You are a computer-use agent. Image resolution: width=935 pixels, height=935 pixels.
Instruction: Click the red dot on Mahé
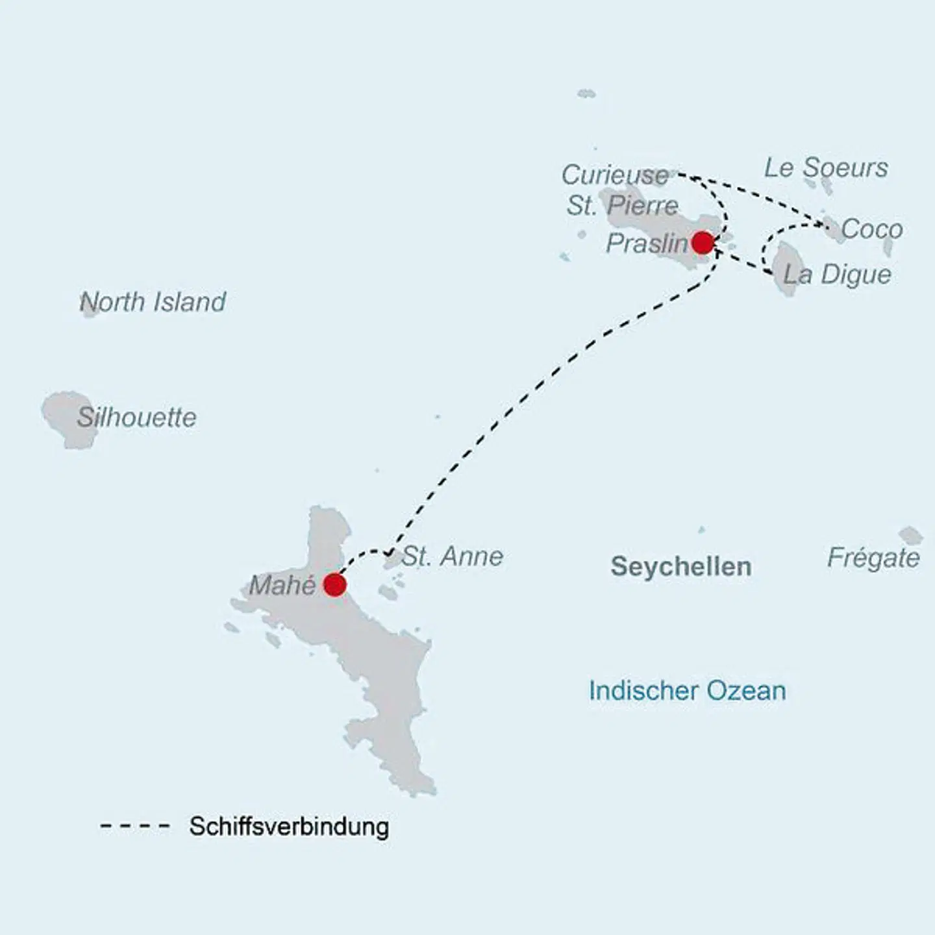(x=334, y=584)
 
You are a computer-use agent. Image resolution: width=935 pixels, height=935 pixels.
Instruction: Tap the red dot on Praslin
(x=702, y=243)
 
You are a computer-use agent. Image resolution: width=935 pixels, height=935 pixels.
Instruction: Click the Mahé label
(x=282, y=586)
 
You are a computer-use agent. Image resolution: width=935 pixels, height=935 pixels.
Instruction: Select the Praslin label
(x=647, y=244)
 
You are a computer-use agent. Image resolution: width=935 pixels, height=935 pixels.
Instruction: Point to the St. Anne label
(x=453, y=556)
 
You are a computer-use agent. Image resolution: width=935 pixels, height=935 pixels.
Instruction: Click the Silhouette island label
(x=137, y=418)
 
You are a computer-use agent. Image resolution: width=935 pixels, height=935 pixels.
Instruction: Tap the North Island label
(x=153, y=302)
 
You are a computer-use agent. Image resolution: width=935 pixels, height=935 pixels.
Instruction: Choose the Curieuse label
(x=615, y=175)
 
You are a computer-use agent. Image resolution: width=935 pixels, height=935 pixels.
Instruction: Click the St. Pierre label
(x=622, y=206)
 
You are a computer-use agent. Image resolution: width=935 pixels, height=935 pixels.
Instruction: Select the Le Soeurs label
(x=826, y=168)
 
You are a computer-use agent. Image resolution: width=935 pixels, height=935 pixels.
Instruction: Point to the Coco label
(x=871, y=229)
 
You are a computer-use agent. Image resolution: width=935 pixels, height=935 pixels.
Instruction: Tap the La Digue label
(x=837, y=275)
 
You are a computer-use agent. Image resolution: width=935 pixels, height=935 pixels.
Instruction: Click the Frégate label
(x=873, y=558)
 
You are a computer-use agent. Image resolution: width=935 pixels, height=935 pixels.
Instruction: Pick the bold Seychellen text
(x=681, y=567)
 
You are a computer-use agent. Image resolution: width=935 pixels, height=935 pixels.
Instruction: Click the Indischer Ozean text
(x=687, y=691)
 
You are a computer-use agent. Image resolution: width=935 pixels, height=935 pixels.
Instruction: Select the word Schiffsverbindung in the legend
(x=289, y=827)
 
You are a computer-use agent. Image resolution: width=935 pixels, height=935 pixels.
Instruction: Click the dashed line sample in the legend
(x=135, y=827)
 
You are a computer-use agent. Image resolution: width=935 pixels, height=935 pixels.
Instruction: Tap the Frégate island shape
(x=910, y=536)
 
